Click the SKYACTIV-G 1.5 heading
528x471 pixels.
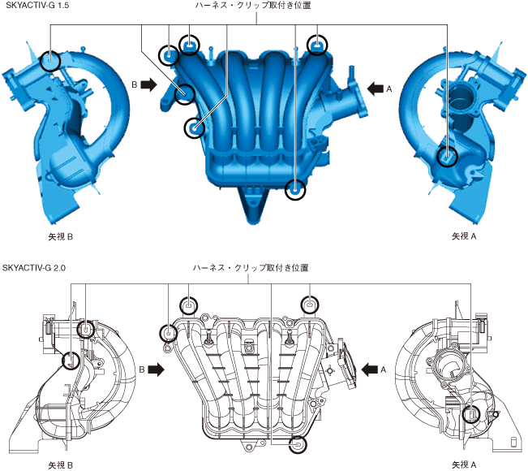coord(37,6)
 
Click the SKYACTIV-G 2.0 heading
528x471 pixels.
coord(34,268)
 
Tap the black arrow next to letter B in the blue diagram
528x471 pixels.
coord(148,84)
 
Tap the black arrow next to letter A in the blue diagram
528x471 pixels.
coord(376,89)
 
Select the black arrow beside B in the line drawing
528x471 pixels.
coord(157,369)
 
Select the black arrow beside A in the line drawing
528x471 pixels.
coord(369,369)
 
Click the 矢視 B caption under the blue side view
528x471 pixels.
coord(60,236)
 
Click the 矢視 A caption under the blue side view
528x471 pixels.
coord(464,236)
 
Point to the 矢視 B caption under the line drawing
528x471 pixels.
coord(60,465)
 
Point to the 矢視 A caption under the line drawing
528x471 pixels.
coord(464,465)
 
